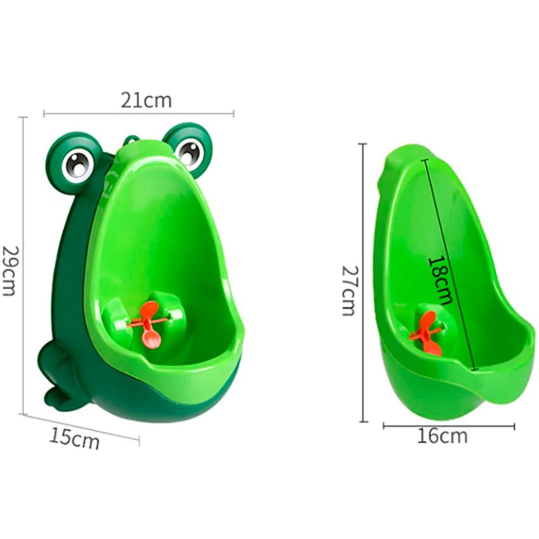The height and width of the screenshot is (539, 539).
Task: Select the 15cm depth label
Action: pos(74,439)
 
